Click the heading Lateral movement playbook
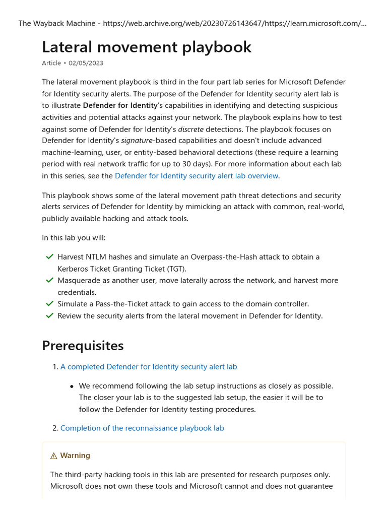click(x=147, y=47)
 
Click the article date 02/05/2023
click(x=86, y=63)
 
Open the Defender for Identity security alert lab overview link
click(x=197, y=176)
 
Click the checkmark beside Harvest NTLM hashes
click(x=49, y=257)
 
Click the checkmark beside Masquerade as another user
click(x=49, y=280)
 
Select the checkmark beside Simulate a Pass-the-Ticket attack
click(x=49, y=304)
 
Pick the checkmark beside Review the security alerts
click(x=49, y=316)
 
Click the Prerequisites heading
click(x=83, y=346)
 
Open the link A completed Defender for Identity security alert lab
click(x=149, y=367)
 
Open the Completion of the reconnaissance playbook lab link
click(x=142, y=428)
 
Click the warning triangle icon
click(x=54, y=456)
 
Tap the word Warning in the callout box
click(x=75, y=456)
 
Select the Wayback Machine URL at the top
click(x=234, y=24)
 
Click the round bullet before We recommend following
click(x=72, y=386)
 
